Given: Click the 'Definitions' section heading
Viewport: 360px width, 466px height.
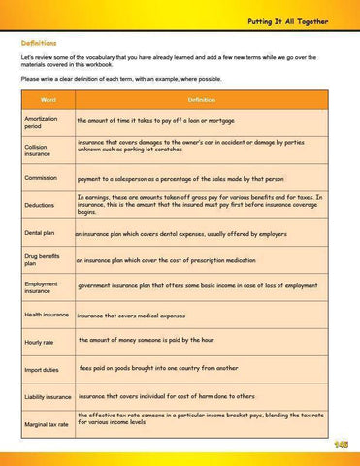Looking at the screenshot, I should click(39, 44).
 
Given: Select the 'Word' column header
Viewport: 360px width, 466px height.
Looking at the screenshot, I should click(48, 99).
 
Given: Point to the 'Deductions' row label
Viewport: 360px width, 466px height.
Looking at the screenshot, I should click(40, 206).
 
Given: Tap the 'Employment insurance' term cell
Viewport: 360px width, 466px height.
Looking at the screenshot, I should click(42, 287).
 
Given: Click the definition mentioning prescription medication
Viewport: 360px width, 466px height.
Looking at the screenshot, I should click(165, 260).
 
